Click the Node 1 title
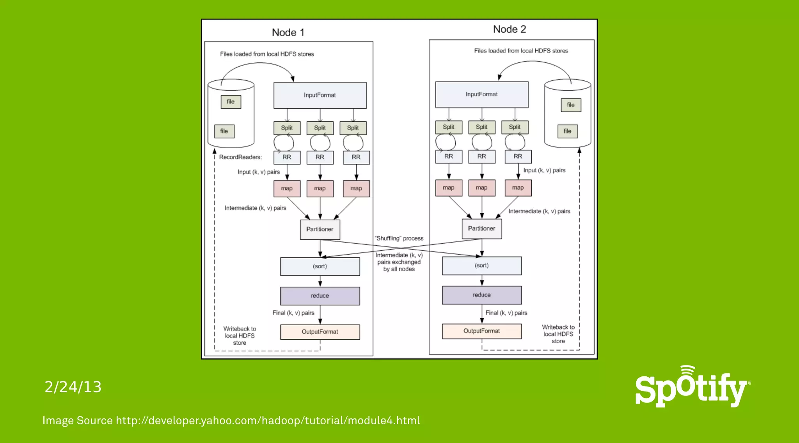(288, 32)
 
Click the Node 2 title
(510, 29)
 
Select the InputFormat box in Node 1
(320, 95)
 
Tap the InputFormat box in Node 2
(482, 94)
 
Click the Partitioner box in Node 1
(320, 229)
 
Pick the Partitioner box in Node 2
(482, 229)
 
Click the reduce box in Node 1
(320, 296)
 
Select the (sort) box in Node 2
(482, 266)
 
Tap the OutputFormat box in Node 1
(320, 332)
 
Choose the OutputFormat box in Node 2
(482, 331)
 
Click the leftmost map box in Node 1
(287, 188)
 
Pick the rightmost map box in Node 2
(518, 188)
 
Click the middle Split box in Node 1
(320, 128)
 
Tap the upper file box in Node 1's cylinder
(231, 102)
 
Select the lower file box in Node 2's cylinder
(567, 131)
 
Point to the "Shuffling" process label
(399, 238)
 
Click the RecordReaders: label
(240, 157)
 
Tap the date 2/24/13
(73, 387)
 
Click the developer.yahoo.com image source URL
(268, 420)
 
